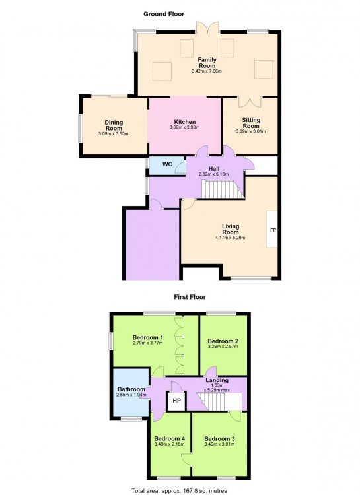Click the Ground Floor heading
[164, 14]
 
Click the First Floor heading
[190, 297]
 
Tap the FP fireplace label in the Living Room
[273, 230]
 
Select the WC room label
[167, 164]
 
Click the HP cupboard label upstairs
[176, 401]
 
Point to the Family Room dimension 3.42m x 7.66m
[207, 71]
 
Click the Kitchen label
[185, 122]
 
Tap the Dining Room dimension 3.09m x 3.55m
[114, 134]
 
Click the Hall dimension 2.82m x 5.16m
[213, 174]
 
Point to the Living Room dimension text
[230, 238]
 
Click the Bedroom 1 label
[148, 337]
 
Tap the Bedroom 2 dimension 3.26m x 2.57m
[223, 346]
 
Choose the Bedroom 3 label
[219, 439]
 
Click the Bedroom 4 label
[169, 439]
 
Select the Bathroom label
[131, 389]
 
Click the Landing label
[217, 380]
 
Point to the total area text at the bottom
[179, 491]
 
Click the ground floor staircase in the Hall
[223, 189]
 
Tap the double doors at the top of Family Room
[207, 27]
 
